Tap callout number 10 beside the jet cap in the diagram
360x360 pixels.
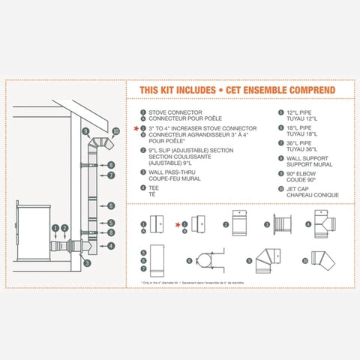tap(115, 130)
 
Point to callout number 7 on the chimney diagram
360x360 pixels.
tap(110, 175)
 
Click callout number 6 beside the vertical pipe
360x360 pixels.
tap(110, 205)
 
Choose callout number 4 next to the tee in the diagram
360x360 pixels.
tap(110, 245)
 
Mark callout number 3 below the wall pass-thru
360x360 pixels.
tap(87, 263)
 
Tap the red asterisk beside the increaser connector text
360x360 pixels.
tap(136, 129)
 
